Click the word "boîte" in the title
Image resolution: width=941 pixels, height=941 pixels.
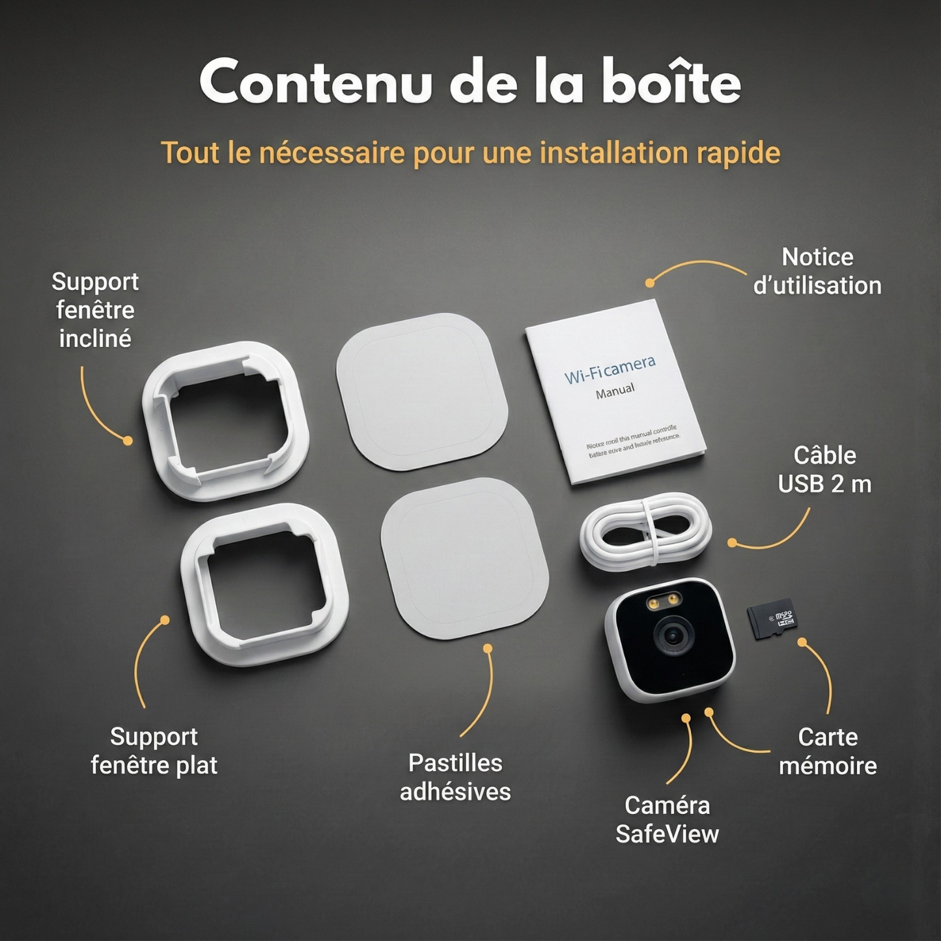coord(671,82)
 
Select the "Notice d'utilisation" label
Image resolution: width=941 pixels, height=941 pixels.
coord(817,271)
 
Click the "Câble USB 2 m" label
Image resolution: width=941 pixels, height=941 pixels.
coord(824,470)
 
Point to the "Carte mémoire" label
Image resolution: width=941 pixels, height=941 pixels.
coord(828,751)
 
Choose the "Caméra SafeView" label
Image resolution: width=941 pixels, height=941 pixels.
coord(667,819)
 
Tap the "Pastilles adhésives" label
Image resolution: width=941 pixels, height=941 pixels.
coord(455,777)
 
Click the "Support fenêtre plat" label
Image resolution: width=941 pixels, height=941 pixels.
coord(154,751)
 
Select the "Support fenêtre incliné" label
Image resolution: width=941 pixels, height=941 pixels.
coord(95,310)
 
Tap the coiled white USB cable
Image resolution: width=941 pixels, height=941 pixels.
coord(645,531)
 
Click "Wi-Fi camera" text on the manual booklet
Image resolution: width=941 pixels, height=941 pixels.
coord(610,369)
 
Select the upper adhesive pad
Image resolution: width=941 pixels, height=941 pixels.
coord(422,391)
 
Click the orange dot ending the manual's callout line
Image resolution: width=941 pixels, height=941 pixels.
coord(650,283)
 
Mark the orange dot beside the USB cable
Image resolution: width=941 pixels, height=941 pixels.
coord(732,542)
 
